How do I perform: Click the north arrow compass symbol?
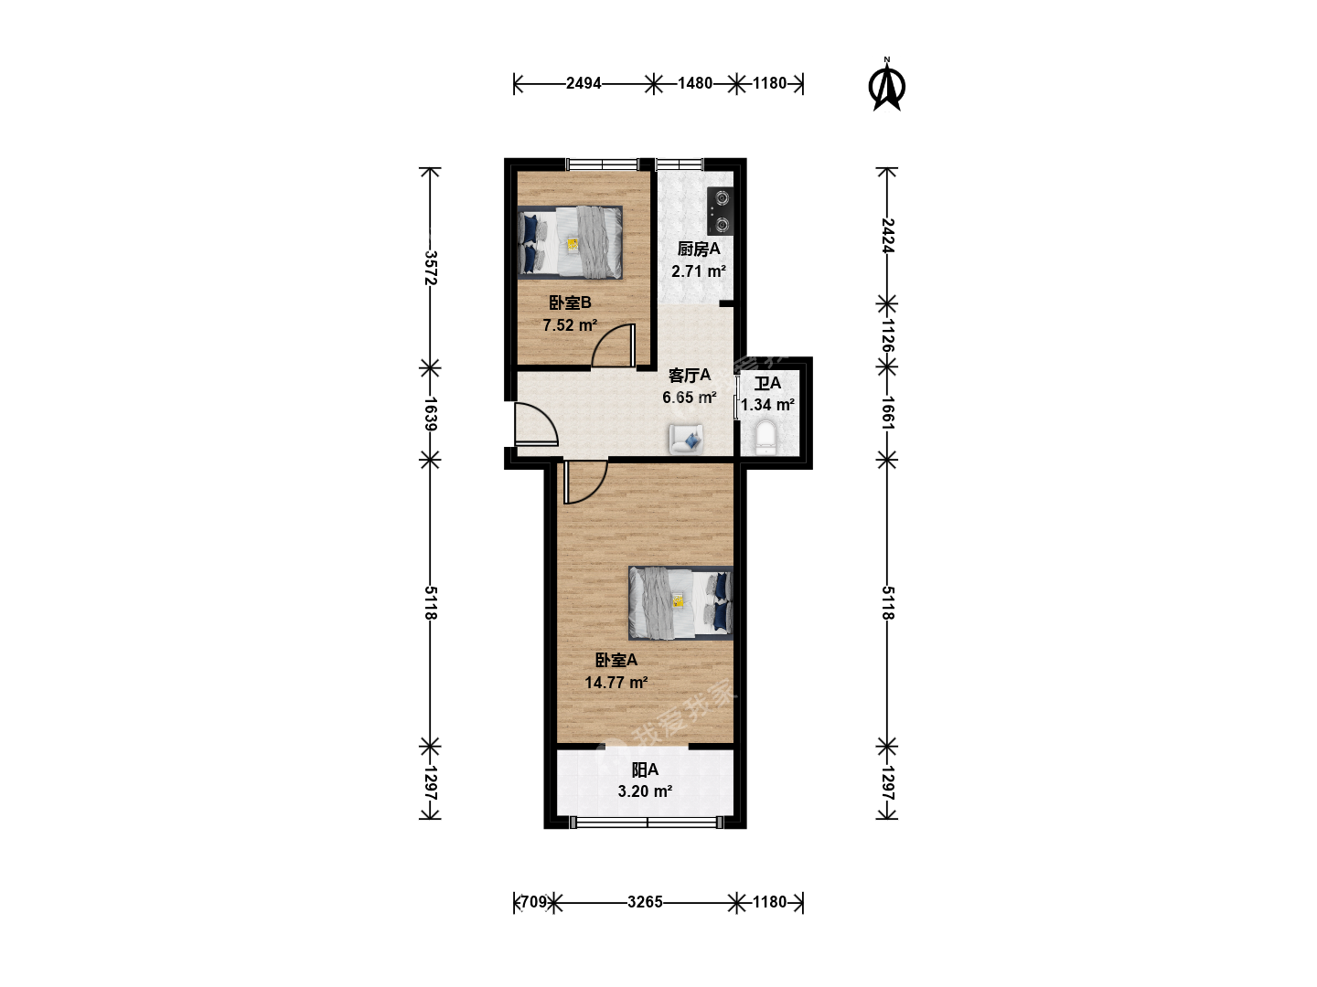(887, 86)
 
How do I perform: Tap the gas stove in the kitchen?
(720, 211)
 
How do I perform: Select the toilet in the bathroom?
(765, 437)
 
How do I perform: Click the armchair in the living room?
(687, 440)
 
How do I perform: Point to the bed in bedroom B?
(570, 243)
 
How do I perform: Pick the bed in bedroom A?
(680, 602)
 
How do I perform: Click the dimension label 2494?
(584, 83)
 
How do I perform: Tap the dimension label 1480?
(695, 83)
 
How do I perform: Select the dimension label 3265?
(645, 901)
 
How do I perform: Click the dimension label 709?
(533, 901)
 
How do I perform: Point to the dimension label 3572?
(430, 267)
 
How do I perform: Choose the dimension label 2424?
(887, 236)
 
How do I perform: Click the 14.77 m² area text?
(616, 683)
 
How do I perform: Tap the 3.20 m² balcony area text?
(645, 791)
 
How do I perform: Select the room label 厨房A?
(699, 249)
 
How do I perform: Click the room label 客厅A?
(690, 375)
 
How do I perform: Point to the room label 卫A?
(767, 383)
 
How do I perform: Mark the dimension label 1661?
(887, 413)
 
